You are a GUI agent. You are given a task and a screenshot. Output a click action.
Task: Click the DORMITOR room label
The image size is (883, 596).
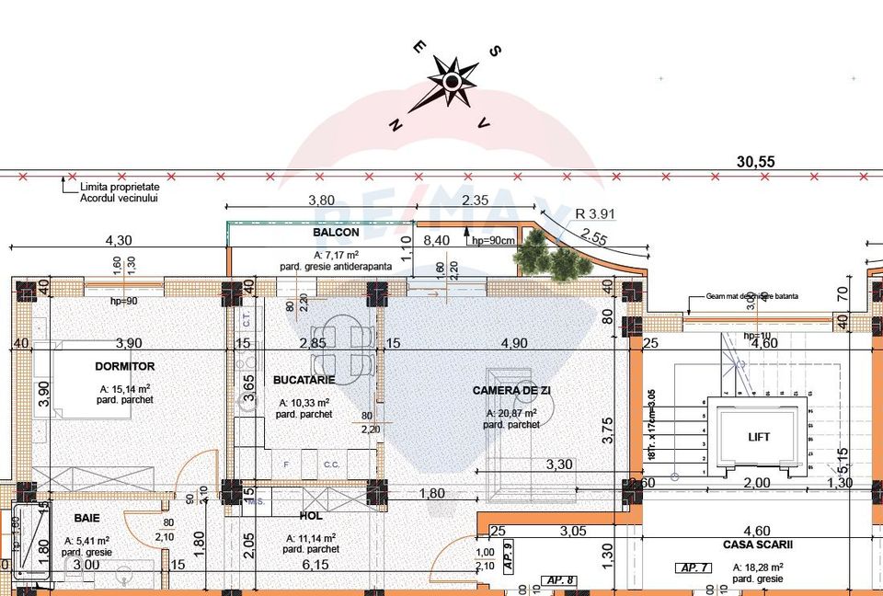[x=124, y=366]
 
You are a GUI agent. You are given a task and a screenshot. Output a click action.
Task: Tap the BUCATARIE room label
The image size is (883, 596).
[x=304, y=379]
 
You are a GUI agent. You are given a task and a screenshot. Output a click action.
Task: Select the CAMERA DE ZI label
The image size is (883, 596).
[x=509, y=389]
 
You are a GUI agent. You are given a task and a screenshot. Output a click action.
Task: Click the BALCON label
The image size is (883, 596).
[x=336, y=233]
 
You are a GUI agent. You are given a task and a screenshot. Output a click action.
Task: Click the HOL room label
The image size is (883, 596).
[x=309, y=517]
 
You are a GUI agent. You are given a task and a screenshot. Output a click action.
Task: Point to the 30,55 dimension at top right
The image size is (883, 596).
[x=756, y=161]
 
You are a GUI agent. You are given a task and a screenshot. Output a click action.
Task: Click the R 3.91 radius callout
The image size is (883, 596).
[x=594, y=214]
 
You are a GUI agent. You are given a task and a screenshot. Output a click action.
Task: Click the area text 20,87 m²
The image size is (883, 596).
[x=510, y=414]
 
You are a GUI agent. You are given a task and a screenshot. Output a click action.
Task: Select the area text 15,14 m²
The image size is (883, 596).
[x=124, y=389]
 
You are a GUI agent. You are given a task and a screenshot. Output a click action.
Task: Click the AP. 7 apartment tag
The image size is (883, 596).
[x=690, y=567]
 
